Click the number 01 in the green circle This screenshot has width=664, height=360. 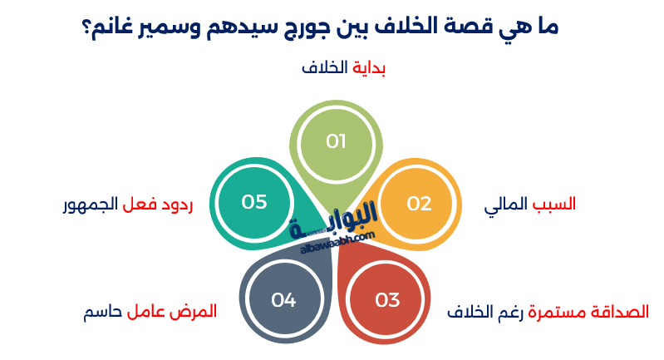tap(336, 141)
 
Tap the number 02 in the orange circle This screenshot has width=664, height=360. tap(420, 204)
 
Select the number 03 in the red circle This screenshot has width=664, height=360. tap(388, 300)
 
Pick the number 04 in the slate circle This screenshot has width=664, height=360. tap(283, 300)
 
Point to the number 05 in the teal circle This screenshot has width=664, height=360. tap(253, 202)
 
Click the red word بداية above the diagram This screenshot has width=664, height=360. tap(370, 68)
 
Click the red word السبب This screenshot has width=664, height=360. tap(554, 204)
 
